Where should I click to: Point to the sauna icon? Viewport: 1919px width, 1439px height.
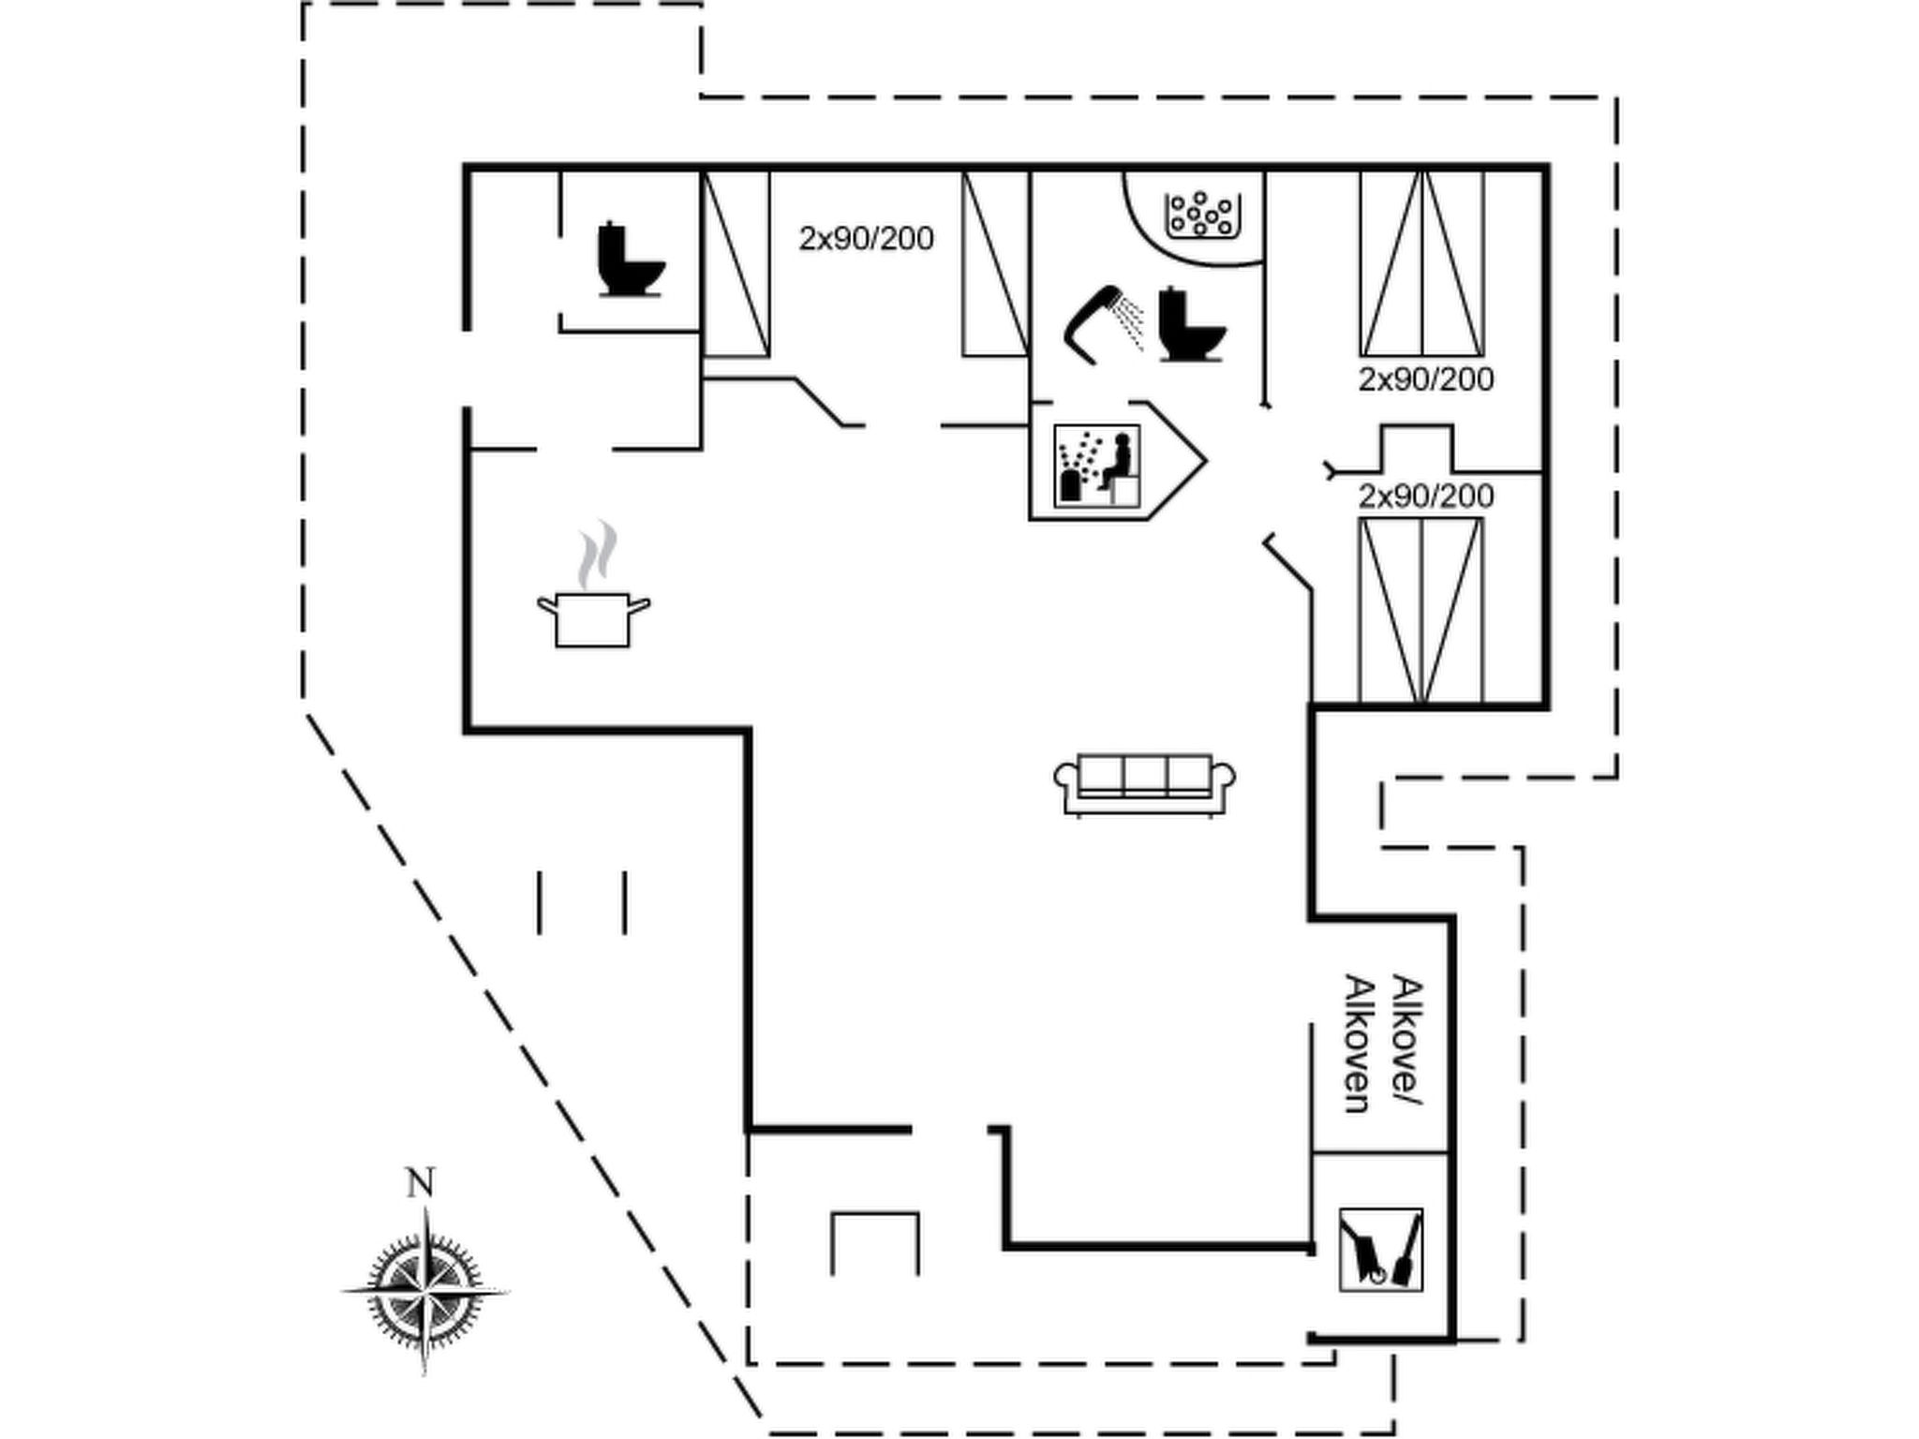point(1097,466)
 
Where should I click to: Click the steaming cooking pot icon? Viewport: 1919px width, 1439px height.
point(593,585)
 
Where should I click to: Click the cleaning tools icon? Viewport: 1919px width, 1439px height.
point(1380,1250)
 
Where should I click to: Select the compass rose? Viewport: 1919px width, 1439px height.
point(424,1291)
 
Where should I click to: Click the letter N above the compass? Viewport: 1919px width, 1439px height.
point(421,1183)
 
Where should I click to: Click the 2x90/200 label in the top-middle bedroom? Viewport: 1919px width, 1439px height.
point(866,239)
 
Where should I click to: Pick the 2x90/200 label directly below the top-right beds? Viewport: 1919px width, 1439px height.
point(1425,379)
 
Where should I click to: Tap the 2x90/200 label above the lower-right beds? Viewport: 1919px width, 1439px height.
point(1425,496)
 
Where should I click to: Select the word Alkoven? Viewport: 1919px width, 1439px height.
point(1358,1044)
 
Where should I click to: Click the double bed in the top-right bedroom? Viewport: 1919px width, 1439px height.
point(1422,262)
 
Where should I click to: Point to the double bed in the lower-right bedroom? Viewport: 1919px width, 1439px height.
point(1421,610)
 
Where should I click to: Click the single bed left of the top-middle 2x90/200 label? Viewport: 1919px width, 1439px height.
point(736,263)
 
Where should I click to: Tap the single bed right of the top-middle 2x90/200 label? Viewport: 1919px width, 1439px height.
point(996,263)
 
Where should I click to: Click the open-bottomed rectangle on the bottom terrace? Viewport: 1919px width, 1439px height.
point(875,1214)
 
